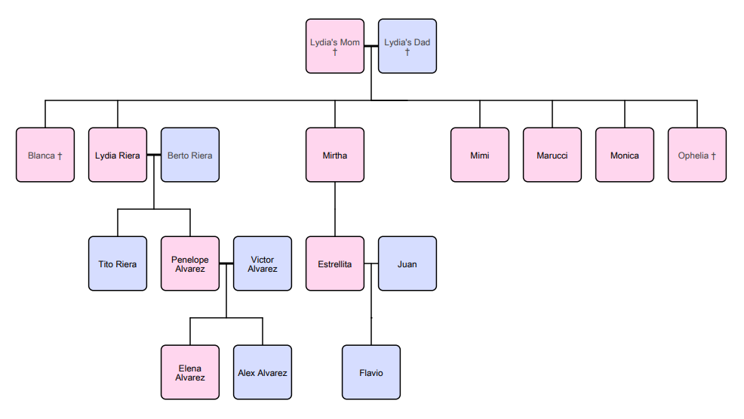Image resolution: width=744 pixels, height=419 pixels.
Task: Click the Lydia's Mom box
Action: pyautogui.click(x=335, y=46)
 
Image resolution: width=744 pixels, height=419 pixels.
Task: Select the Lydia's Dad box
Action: pyautogui.click(x=407, y=46)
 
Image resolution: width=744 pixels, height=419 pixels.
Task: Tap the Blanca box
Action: pyautogui.click(x=45, y=155)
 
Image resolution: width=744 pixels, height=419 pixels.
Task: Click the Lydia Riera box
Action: pyautogui.click(x=118, y=155)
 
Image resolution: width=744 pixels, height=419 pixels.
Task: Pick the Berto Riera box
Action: pyautogui.click(x=190, y=155)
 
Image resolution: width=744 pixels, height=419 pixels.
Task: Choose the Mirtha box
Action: pyautogui.click(x=335, y=155)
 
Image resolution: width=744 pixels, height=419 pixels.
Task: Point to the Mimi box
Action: pyautogui.click(x=480, y=155)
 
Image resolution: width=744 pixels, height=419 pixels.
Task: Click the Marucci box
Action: pyautogui.click(x=552, y=155)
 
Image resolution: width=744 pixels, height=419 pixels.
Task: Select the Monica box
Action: pyautogui.click(x=625, y=155)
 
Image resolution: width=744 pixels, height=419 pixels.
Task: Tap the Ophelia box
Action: pyautogui.click(x=697, y=155)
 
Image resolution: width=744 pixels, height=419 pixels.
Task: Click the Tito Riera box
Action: pyautogui.click(x=118, y=263)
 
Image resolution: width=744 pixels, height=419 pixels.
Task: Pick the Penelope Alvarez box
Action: pyautogui.click(x=190, y=263)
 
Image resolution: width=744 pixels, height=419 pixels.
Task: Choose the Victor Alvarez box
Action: pyautogui.click(x=263, y=263)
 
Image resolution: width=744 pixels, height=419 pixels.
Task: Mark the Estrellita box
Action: pyautogui.click(x=335, y=263)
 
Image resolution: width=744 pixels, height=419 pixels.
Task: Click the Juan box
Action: pyautogui.click(x=407, y=263)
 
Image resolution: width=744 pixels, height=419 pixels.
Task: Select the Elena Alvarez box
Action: pyautogui.click(x=190, y=372)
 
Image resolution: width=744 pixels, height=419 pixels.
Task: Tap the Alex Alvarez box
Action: pyautogui.click(x=263, y=372)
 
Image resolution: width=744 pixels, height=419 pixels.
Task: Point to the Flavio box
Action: pyautogui.click(x=371, y=372)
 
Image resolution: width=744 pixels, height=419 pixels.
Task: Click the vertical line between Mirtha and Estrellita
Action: pyautogui.click(x=335, y=209)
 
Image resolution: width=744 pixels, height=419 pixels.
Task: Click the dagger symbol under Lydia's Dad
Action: pyautogui.click(x=407, y=52)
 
